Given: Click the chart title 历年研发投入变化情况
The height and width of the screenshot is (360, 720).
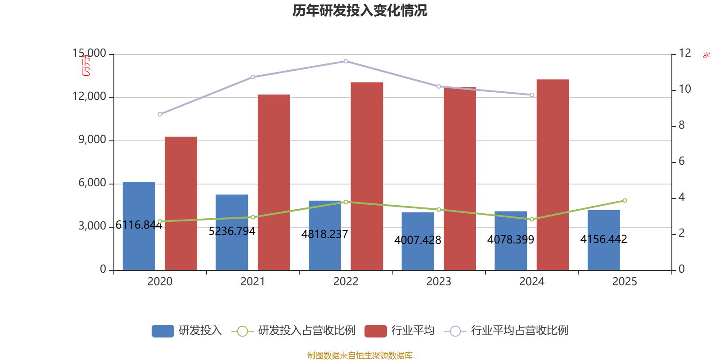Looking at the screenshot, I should [360, 10].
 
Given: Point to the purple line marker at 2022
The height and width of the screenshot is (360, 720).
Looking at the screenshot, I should [346, 61].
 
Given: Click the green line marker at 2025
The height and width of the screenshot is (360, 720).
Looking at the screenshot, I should [625, 201].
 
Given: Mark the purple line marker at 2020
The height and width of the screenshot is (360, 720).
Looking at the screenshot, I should [160, 114].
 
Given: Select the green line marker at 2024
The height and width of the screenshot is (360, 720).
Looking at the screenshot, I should [532, 219].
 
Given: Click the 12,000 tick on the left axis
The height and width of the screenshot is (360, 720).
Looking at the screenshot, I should [90, 97].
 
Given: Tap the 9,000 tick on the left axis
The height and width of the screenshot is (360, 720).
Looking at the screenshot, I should [92, 140].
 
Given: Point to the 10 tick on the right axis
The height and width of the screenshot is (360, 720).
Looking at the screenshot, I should [684, 90].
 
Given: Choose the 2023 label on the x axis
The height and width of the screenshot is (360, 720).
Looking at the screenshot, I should [439, 282].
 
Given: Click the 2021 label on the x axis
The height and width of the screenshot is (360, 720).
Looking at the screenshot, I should [252, 282].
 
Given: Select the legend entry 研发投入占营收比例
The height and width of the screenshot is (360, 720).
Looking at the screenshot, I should [306, 331].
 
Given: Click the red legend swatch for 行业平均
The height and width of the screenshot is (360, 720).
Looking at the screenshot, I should [375, 331].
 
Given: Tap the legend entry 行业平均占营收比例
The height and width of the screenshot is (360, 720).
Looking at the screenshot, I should [519, 331].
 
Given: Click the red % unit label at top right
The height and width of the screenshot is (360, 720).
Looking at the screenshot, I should [706, 55].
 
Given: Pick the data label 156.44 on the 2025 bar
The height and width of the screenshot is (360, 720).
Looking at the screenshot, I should [604, 239].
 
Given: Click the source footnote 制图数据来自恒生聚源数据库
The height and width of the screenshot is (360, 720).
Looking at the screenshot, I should [360, 355].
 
